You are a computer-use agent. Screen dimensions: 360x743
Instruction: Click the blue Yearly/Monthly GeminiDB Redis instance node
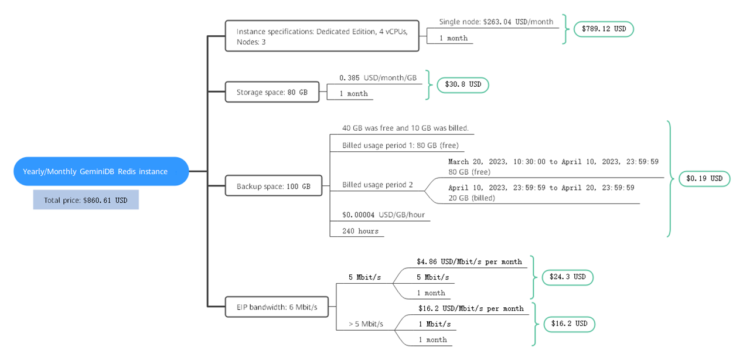pyautogui.click(x=95, y=171)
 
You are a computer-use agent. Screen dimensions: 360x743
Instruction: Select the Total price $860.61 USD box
pyautogui.click(x=86, y=200)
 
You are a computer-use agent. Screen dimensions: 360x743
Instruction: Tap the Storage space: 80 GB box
pyautogui.click(x=272, y=92)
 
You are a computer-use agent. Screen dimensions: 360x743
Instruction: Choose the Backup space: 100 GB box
pyautogui.click(x=274, y=186)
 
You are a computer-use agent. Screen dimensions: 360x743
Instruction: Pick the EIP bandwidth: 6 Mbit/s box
pyautogui.click(x=277, y=307)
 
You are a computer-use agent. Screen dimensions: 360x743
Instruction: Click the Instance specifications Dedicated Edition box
pyautogui.click(x=322, y=36)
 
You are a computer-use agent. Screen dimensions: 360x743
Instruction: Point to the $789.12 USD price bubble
pyautogui.click(x=604, y=28)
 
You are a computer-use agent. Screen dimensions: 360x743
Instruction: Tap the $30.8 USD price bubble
pyautogui.click(x=463, y=84)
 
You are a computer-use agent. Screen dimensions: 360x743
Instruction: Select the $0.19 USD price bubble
pyautogui.click(x=704, y=178)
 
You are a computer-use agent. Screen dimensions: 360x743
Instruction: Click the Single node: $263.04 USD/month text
pyautogui.click(x=496, y=22)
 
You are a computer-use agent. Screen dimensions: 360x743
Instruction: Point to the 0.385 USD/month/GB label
pyautogui.click(x=378, y=77)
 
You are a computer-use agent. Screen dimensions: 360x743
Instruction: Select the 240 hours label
pyautogui.click(x=360, y=231)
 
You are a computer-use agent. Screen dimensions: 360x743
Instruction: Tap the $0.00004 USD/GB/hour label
pyautogui.click(x=383, y=215)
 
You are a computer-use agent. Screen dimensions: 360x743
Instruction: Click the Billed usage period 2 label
pyautogui.click(x=377, y=185)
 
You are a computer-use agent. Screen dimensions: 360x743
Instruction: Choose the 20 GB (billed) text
pyautogui.click(x=472, y=198)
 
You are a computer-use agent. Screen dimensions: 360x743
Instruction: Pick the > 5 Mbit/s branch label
pyautogui.click(x=366, y=324)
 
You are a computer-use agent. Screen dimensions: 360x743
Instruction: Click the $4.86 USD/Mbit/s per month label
pyautogui.click(x=469, y=261)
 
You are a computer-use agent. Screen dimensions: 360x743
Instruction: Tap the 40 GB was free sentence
pyautogui.click(x=405, y=128)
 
